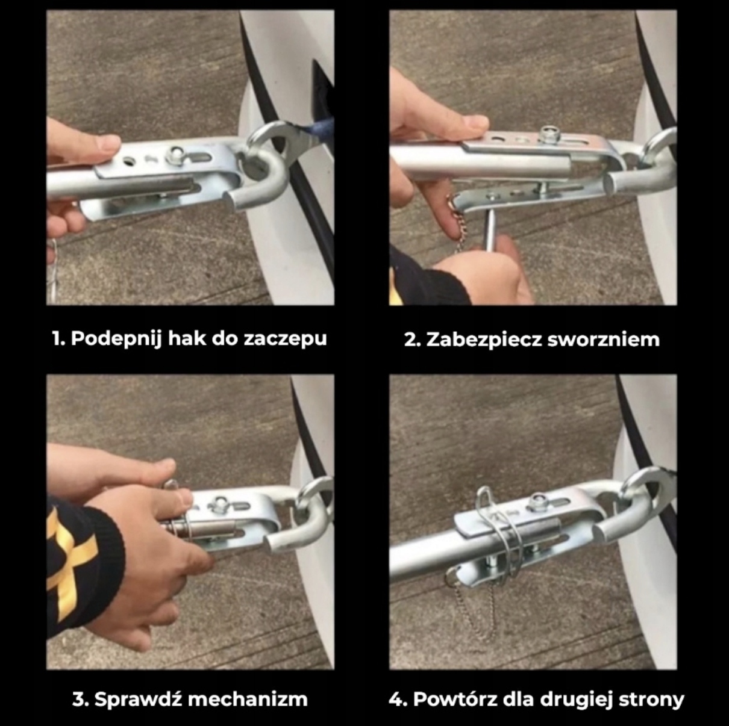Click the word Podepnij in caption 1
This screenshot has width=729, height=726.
click(116, 339)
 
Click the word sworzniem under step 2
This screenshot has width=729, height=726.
click(604, 340)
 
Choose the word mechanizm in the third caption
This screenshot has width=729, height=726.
click(248, 699)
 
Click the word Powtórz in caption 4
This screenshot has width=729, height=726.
click(455, 699)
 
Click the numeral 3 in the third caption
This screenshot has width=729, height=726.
click(78, 699)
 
